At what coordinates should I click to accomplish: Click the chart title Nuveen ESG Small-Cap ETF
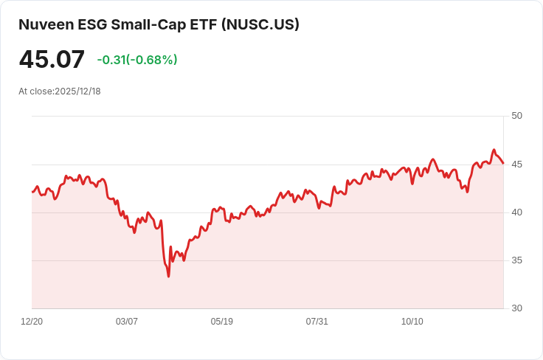click(118, 24)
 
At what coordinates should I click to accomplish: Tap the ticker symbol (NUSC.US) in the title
click(259, 24)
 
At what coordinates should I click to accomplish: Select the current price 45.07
click(52, 60)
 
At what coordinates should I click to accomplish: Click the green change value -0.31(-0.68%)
click(137, 60)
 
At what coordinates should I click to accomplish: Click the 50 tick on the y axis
click(516, 116)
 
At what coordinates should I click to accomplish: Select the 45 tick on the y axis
click(516, 164)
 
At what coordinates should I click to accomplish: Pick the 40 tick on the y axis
click(516, 212)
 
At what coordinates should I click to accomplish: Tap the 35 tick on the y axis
click(516, 260)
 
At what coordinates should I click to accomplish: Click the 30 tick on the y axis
click(516, 308)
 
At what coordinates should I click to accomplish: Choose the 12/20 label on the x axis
click(32, 322)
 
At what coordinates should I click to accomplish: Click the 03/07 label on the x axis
click(127, 322)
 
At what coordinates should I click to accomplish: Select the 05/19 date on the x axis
click(222, 322)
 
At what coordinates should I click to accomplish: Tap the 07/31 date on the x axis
click(317, 322)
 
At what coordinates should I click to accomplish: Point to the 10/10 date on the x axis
click(412, 322)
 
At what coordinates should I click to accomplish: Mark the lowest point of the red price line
click(168, 277)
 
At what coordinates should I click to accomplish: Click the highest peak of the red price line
click(494, 150)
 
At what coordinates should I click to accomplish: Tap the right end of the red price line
click(503, 163)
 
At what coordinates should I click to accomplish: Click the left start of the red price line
click(32, 192)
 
